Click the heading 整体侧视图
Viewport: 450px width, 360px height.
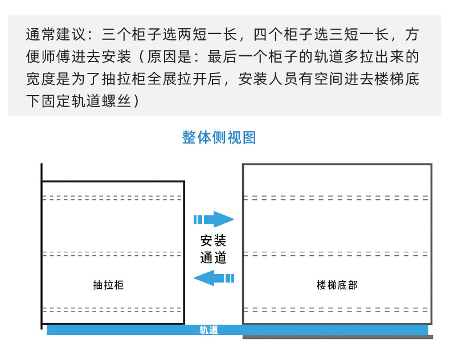(x=219, y=138)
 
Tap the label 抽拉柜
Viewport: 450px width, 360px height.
(x=108, y=285)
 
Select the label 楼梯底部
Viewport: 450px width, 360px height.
(x=337, y=285)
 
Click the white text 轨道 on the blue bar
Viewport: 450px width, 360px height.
(x=208, y=330)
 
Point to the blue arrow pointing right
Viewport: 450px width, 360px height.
(x=214, y=219)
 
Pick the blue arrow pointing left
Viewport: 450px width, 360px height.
(x=214, y=278)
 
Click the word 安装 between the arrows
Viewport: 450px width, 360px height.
(x=214, y=241)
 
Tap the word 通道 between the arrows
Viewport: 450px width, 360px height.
(x=214, y=257)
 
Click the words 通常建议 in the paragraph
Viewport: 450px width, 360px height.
(x=52, y=35)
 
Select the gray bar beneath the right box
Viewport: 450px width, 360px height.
(x=337, y=337)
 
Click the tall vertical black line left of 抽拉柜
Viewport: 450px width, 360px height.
(x=42, y=245)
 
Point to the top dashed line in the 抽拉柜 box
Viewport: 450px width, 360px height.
(x=113, y=198)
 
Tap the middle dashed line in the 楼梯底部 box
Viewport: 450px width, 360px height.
(x=336, y=253)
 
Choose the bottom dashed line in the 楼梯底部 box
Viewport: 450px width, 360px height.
(x=336, y=310)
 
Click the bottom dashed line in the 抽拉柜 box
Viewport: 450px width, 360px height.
(x=113, y=310)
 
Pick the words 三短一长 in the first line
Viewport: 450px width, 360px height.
(x=354, y=35)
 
